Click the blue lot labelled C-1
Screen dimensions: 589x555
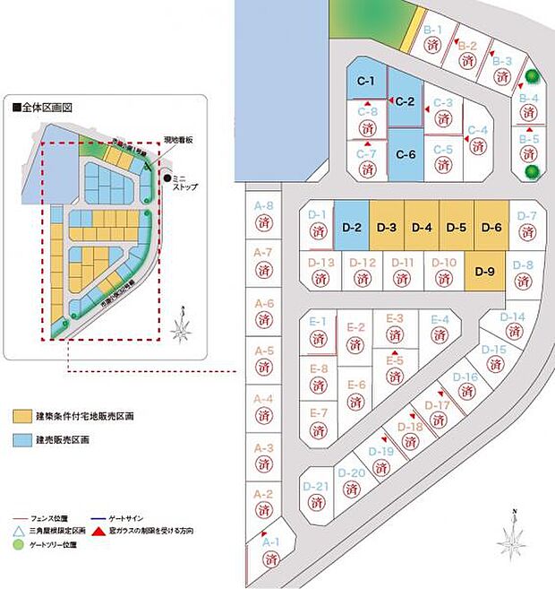(x=365, y=82)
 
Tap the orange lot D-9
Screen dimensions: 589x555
(x=485, y=271)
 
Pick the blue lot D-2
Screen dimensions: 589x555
(x=351, y=228)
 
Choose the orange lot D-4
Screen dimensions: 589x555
(x=423, y=228)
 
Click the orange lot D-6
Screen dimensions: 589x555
(x=491, y=228)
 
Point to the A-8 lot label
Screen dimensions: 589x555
(x=264, y=206)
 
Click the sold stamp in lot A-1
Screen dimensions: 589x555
(x=272, y=559)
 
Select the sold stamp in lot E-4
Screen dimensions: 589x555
(x=439, y=334)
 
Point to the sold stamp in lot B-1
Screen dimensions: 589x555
(x=433, y=43)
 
